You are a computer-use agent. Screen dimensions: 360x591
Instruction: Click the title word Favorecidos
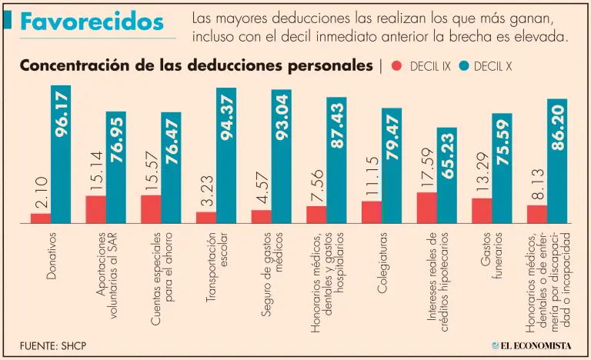point(92,22)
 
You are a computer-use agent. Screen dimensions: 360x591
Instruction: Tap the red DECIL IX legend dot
point(397,66)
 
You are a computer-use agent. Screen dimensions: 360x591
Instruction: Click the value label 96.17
point(62,115)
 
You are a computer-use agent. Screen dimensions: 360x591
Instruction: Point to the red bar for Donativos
point(41,218)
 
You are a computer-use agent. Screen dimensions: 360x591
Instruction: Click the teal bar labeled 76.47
point(171,168)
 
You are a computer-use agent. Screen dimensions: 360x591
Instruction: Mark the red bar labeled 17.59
point(426,207)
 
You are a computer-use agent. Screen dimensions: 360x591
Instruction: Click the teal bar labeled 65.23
point(447,175)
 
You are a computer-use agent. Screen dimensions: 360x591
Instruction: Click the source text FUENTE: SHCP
point(53,345)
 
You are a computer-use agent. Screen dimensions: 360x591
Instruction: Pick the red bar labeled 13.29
point(482,210)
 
